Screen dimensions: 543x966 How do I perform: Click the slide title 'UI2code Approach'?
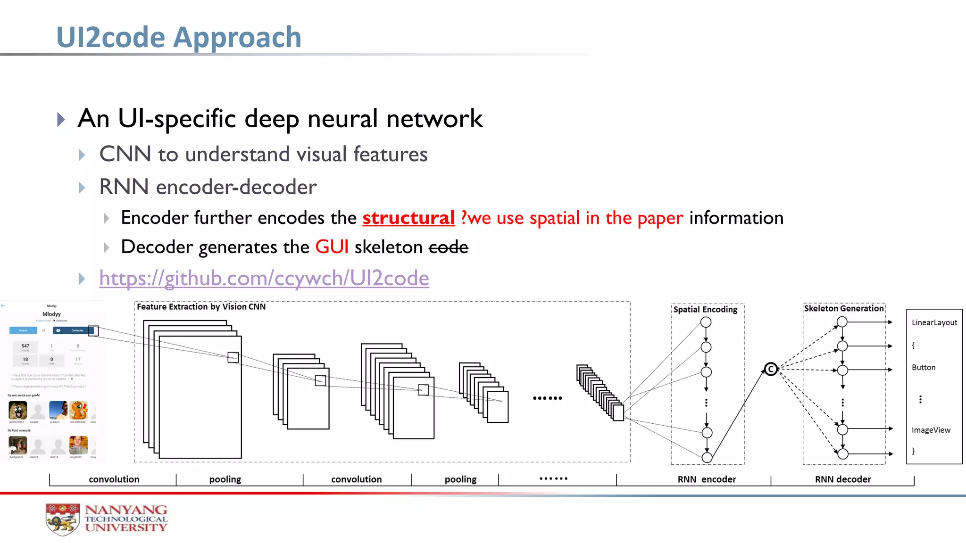(179, 37)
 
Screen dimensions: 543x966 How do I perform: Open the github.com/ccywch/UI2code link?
(264, 278)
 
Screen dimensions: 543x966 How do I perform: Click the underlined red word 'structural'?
(408, 218)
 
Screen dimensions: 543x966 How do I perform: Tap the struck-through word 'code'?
(448, 247)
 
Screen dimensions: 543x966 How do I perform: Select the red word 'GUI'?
(332, 247)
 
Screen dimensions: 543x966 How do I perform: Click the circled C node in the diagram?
(771, 369)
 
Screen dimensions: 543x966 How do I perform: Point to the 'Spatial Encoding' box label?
(705, 310)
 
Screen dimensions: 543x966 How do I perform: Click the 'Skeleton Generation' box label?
(843, 309)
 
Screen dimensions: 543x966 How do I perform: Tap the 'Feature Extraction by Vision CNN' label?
(201, 307)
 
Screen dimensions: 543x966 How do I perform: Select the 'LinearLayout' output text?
(934, 323)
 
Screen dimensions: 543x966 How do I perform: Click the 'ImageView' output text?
(931, 430)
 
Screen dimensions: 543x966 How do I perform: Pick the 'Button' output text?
(923, 368)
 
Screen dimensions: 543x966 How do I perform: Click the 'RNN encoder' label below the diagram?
(707, 479)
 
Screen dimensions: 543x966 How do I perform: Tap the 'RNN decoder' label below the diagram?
(843, 479)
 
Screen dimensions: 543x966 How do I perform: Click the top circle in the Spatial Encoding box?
(706, 322)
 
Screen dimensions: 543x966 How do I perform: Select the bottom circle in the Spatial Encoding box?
(707, 457)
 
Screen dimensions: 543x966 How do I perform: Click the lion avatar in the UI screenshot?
(18, 410)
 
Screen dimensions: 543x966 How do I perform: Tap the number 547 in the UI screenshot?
(25, 346)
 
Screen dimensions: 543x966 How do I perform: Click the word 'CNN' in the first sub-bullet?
(125, 154)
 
